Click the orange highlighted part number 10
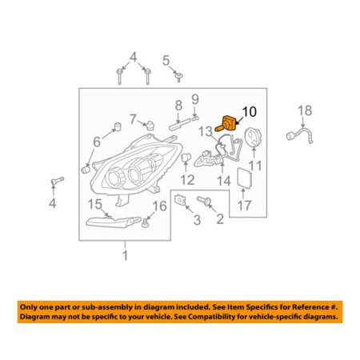click(x=226, y=123)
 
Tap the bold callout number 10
click(x=249, y=112)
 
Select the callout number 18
click(x=305, y=110)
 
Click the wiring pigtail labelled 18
click(x=299, y=136)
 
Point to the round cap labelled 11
click(x=254, y=137)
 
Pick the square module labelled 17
click(x=246, y=178)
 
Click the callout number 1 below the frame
click(x=125, y=255)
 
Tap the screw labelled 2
click(x=204, y=200)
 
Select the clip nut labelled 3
click(x=180, y=200)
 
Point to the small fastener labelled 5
click(x=178, y=77)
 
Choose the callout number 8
click(x=178, y=106)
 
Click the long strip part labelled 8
click(x=180, y=123)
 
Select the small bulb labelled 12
click(x=186, y=157)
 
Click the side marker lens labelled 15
click(x=114, y=222)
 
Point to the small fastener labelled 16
click(x=146, y=222)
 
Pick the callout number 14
click(x=224, y=181)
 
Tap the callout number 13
click(x=206, y=131)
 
